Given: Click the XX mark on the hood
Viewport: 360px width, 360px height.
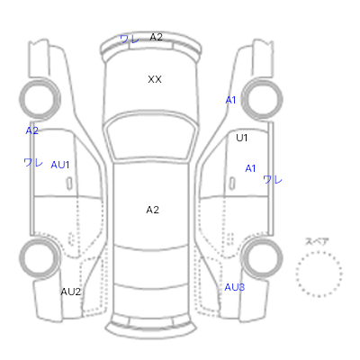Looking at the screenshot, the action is pyautogui.click(x=155, y=79).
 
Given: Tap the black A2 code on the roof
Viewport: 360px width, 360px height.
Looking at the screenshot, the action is pyautogui.click(x=152, y=210).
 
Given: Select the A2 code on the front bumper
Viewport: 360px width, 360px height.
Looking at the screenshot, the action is pyautogui.click(x=156, y=37).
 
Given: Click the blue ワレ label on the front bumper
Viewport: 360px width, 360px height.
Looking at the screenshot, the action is pyautogui.click(x=130, y=39).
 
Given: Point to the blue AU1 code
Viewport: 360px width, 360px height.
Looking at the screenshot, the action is pyautogui.click(x=60, y=165).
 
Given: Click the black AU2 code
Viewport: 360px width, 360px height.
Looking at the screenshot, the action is pyautogui.click(x=71, y=292).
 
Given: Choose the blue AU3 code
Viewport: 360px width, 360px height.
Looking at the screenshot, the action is pyautogui.click(x=235, y=287).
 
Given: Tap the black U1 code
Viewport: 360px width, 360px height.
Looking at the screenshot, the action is pyautogui.click(x=242, y=138).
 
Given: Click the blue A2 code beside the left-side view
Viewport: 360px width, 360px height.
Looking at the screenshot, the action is pyautogui.click(x=31, y=130).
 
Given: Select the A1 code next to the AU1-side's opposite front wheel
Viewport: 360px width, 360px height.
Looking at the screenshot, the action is pyautogui.click(x=230, y=100).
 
